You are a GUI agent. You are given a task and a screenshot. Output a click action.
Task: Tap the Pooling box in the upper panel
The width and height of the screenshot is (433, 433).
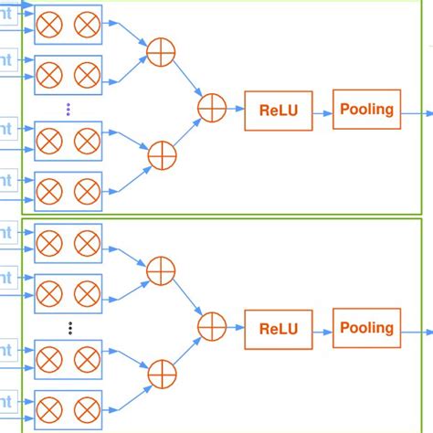coord(366,110)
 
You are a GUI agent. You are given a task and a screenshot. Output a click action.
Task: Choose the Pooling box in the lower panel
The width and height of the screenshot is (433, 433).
coord(366,328)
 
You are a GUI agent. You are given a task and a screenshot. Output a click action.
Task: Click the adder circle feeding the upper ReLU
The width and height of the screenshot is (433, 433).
coord(212,109)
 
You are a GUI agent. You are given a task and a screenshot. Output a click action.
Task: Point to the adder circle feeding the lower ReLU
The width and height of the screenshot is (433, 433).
coord(212,325)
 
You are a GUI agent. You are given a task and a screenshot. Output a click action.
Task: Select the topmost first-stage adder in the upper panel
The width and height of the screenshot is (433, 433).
coord(161,51)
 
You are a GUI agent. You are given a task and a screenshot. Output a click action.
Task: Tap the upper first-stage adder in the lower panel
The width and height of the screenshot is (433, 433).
coord(161,269)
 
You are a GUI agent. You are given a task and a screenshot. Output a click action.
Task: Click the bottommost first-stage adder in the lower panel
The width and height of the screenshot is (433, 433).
coord(161,371)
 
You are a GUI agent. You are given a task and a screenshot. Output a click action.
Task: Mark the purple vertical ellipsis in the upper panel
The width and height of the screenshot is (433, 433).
coord(69,110)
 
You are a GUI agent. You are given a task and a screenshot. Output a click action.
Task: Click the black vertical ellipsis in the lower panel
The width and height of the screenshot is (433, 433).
coord(69,326)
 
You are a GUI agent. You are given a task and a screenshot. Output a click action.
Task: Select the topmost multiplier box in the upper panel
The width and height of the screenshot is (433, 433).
coord(68,26)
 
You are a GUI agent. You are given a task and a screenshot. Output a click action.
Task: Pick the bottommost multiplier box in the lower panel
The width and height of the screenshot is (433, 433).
coord(68,408)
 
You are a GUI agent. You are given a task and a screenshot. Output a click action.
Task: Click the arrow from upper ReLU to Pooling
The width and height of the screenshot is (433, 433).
coord(322,111)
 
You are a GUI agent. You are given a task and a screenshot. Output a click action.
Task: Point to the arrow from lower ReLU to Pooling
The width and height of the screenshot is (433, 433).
coord(322,329)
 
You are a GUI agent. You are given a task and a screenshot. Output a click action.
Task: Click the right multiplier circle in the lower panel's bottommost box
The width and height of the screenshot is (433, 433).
coord(86,408)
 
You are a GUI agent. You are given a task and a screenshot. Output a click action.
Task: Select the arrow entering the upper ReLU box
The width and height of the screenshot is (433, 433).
coord(235,111)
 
